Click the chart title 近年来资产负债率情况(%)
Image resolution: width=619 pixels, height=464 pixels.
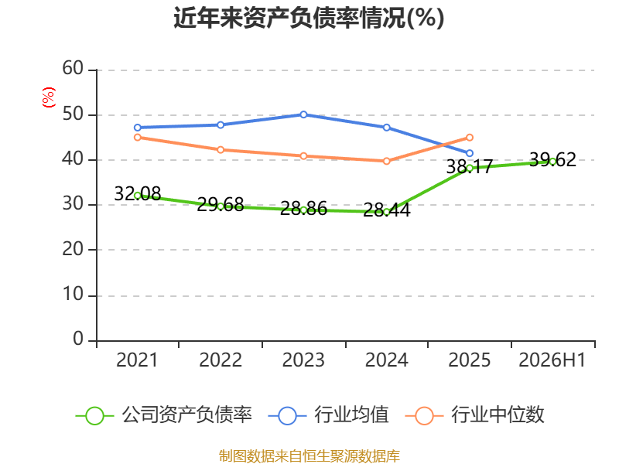309,18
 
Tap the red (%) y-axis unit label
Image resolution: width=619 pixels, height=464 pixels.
49,97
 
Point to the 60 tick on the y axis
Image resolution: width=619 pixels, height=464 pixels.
73,69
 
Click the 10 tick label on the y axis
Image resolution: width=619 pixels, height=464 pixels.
73,295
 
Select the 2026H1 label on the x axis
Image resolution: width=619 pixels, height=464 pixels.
552,360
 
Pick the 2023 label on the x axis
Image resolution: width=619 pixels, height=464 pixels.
303,360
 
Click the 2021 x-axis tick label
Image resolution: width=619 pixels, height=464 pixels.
137,360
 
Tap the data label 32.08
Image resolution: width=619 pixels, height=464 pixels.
138,194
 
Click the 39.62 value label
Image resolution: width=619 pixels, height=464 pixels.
552,160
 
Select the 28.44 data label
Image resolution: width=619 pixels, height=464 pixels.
386,210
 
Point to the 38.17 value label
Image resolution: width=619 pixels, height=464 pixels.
470,166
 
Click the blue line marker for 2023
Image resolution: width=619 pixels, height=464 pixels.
303,114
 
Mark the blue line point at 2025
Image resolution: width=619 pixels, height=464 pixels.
470,153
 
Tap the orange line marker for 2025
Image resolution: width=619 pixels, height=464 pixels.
470,138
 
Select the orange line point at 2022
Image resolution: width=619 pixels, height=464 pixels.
221,149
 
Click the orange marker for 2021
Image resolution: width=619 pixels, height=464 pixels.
138,138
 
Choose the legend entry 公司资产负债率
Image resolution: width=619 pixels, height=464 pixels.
164,415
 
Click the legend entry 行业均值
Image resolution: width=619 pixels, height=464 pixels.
328,415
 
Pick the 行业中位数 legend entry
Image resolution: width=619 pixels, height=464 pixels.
474,415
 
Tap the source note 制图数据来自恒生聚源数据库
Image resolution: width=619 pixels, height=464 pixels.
309,456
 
